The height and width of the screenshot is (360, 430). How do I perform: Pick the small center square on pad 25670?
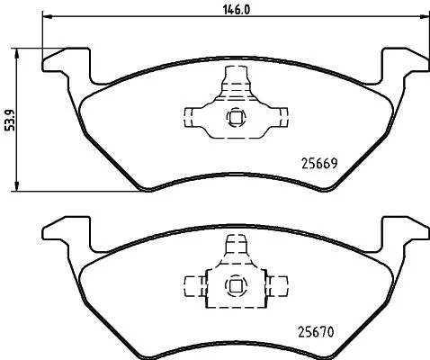coord(236,286)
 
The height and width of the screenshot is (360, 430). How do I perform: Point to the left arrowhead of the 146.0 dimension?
coord(47,17)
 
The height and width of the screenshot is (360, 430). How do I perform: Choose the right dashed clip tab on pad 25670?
coord(278,286)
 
